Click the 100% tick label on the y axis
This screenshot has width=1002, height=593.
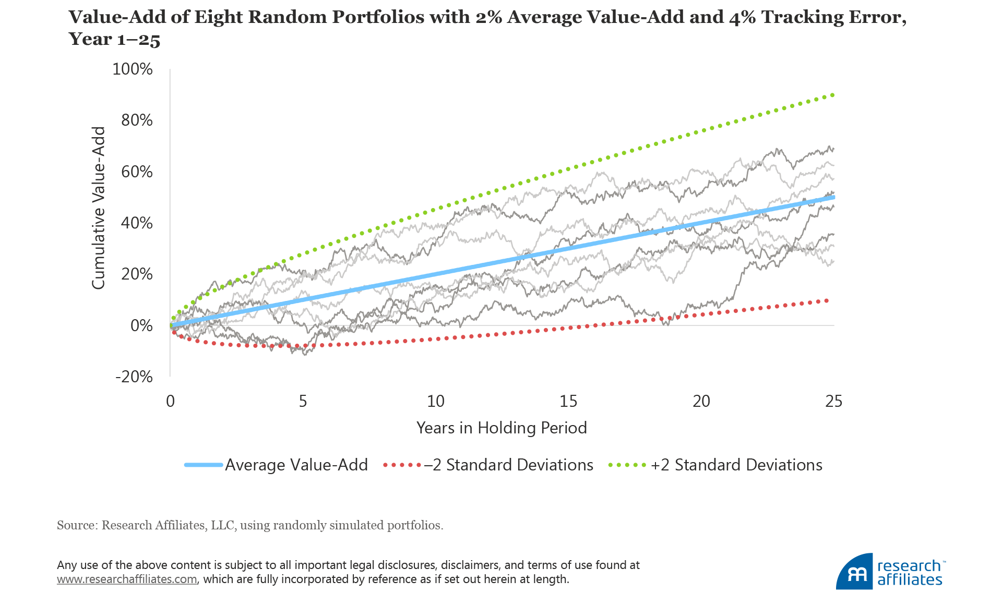(x=133, y=69)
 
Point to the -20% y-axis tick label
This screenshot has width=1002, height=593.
(x=134, y=377)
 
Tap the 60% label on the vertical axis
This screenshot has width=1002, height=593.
(x=137, y=172)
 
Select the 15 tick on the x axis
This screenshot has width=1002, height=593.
(x=568, y=401)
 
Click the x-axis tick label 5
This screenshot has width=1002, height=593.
(x=303, y=401)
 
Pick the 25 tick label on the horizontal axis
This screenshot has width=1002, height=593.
(x=833, y=401)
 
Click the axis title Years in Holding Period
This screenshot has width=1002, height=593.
(x=502, y=428)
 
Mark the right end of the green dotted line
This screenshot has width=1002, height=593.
(x=832, y=95)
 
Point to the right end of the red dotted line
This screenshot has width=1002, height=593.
(x=826, y=300)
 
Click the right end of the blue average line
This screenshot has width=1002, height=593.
(x=833, y=197)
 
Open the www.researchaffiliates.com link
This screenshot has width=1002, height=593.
(x=127, y=579)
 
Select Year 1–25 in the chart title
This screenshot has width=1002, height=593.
(x=114, y=39)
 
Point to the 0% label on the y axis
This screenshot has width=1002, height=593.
(x=141, y=325)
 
